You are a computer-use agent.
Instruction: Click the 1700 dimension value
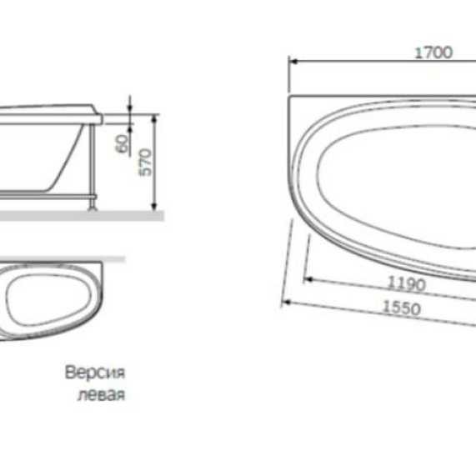[x=433, y=52]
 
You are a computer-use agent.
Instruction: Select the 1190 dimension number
[x=407, y=283]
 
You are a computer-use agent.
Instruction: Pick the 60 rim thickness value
[x=123, y=143]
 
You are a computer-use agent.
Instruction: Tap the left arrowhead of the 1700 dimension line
[x=293, y=61]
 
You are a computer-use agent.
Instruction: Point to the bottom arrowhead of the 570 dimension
[x=156, y=206]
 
